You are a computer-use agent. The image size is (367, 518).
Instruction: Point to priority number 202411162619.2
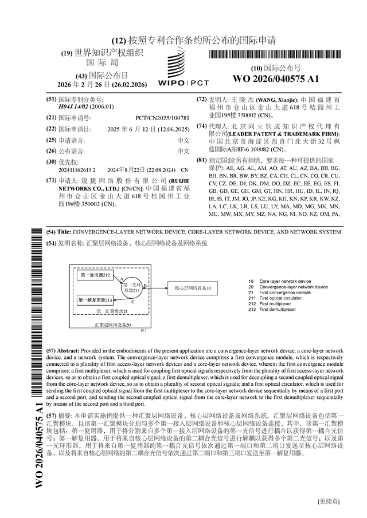77,170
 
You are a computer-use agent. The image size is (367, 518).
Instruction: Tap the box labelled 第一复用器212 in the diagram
95,276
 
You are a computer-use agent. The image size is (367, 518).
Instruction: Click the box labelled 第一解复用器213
95,300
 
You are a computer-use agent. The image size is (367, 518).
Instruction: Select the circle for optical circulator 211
132,288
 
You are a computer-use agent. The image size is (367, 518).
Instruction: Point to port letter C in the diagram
133,302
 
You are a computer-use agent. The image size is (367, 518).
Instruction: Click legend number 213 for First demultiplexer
252,309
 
